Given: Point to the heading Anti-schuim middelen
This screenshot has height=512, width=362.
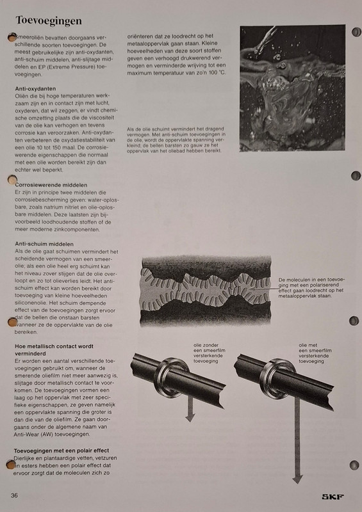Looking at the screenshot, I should [44, 244].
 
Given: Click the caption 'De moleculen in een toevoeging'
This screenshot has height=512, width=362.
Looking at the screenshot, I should [313, 287].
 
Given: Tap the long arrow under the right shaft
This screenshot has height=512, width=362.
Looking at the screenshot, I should [297, 448].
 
